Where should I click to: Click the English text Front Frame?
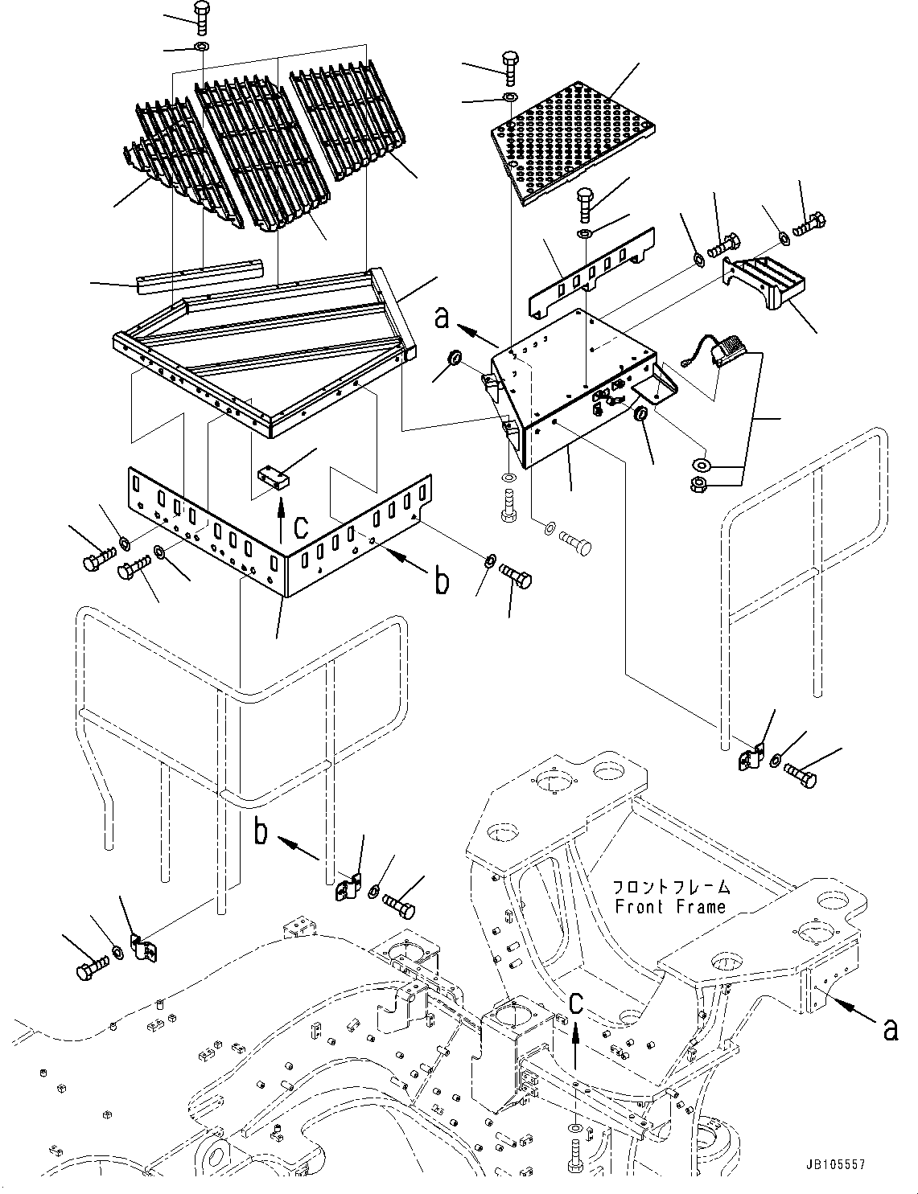[669, 907]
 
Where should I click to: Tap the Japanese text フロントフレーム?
[670, 888]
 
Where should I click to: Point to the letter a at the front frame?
[889, 1029]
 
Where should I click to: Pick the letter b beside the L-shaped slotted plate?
[441, 581]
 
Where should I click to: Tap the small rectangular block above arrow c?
[273, 479]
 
